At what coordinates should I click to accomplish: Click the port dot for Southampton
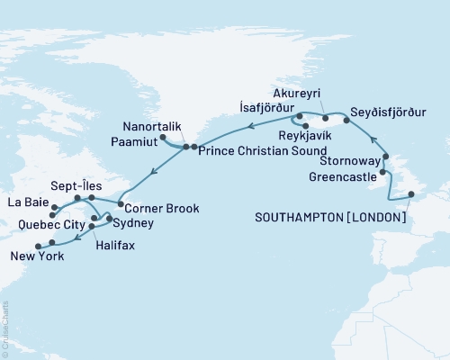[x=410, y=194]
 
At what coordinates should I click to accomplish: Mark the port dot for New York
[x=37, y=246]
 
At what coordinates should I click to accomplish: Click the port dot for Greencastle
[x=383, y=171]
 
